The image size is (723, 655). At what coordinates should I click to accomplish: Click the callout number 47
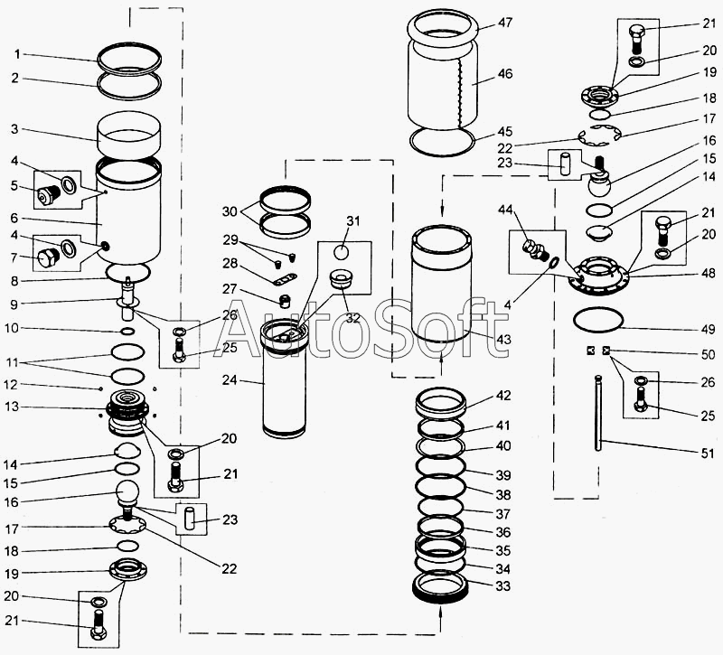pos(505,23)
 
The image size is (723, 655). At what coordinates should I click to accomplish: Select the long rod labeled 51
pos(598,413)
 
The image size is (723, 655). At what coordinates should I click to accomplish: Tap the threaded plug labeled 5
pos(49,194)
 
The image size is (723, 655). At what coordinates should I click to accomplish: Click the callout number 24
pos(230,380)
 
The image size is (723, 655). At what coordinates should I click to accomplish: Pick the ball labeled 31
pos(342,252)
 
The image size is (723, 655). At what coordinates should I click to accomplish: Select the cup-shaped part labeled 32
pos(342,279)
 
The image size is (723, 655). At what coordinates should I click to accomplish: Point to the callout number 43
pos(504,340)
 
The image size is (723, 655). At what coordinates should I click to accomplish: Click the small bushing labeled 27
pos(286,302)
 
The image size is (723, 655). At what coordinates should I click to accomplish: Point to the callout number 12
pos(11,384)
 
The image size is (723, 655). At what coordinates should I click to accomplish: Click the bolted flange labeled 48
pos(598,276)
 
